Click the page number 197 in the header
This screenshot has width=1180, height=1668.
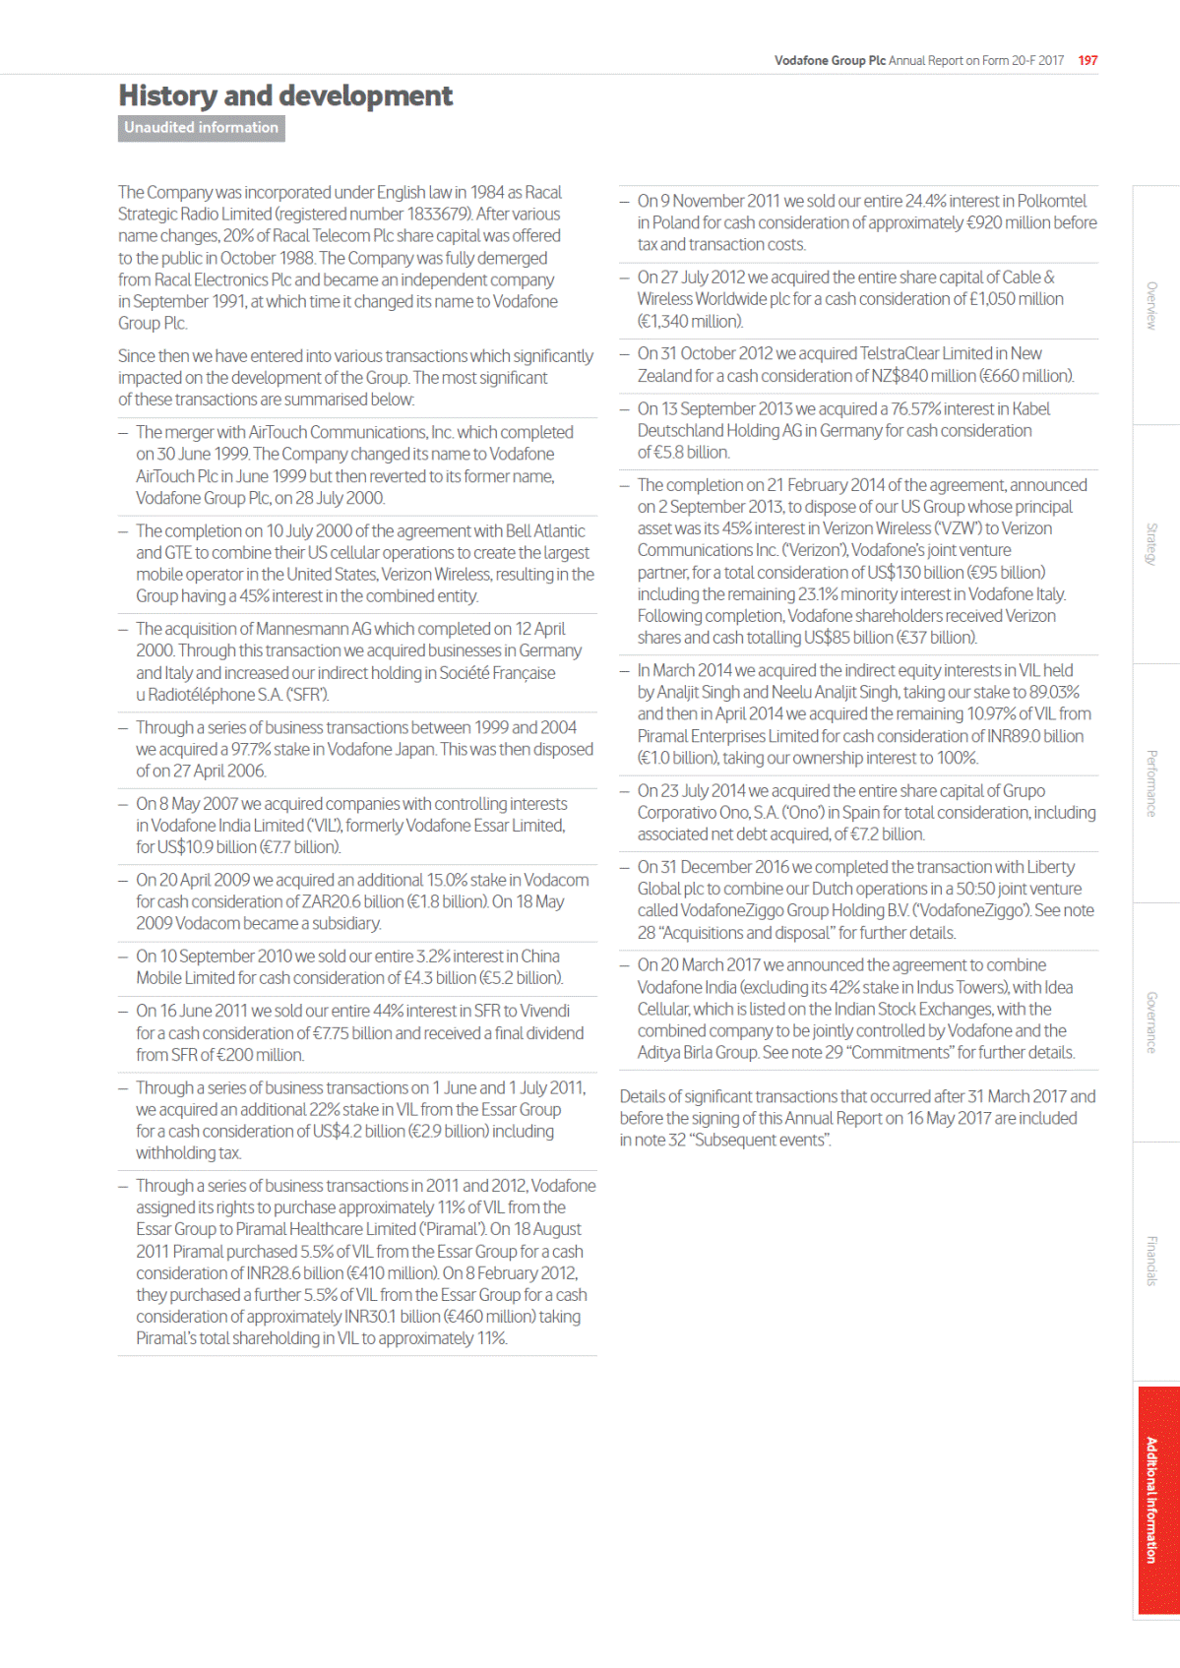tap(1087, 60)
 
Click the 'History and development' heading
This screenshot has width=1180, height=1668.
tap(285, 95)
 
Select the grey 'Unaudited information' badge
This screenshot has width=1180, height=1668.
tap(202, 128)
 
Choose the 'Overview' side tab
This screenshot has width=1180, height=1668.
tap(1151, 305)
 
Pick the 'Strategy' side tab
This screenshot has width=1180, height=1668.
tap(1151, 544)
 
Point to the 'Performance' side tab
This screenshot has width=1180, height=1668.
tap(1151, 783)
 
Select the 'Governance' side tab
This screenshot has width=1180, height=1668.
tap(1151, 1022)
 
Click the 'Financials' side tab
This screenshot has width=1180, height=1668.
tap(1151, 1261)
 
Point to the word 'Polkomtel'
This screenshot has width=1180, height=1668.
tap(1052, 201)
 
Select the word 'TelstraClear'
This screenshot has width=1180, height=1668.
tap(900, 353)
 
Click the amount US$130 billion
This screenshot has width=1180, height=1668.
tap(912, 573)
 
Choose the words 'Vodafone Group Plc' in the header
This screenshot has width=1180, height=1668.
tap(830, 60)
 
